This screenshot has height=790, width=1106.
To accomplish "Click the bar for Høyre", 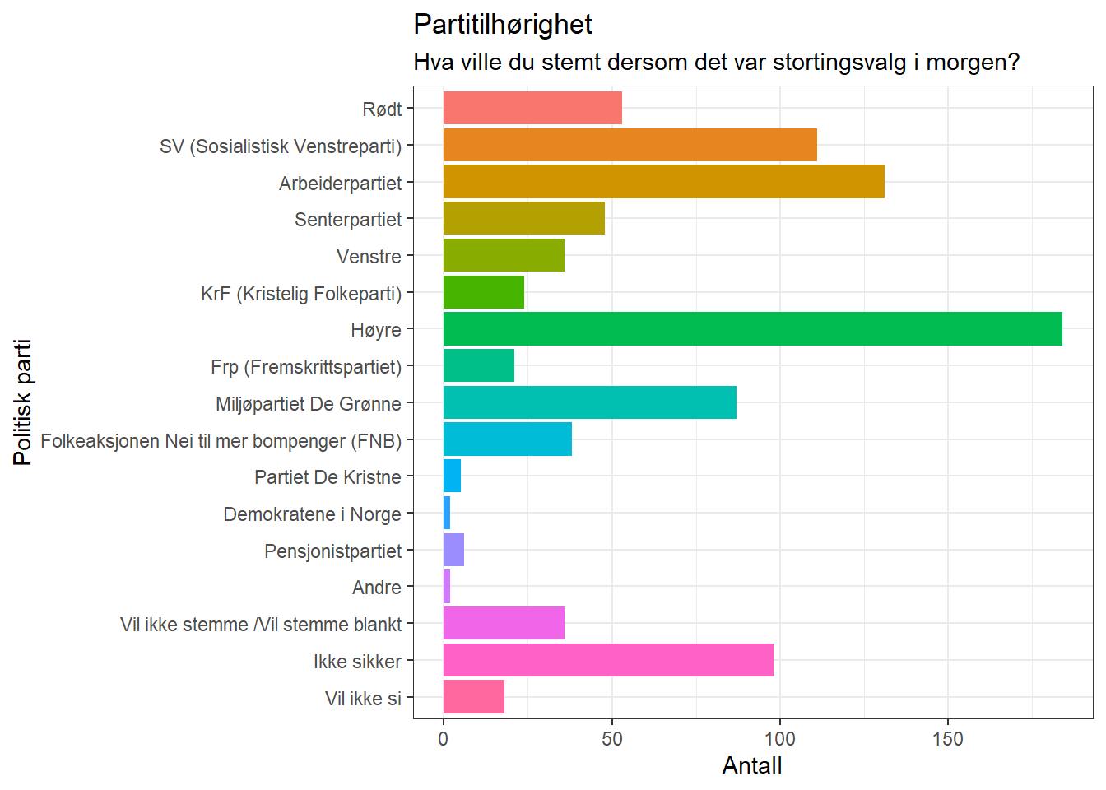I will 752,329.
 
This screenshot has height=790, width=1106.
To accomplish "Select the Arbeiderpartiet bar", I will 663,182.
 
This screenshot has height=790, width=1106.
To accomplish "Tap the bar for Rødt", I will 532,109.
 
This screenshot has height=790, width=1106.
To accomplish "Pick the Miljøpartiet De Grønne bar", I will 589,402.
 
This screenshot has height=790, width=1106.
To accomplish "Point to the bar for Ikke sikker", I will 608,660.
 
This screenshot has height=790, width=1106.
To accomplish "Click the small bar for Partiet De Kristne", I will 452,476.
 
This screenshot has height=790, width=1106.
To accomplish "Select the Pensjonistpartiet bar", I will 453,550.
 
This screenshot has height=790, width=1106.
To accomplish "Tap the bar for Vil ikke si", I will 473,697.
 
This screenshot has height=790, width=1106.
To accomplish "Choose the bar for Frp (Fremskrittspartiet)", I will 478,365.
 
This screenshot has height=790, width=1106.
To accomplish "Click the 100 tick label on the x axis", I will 779,739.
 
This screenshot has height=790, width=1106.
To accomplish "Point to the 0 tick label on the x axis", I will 444,739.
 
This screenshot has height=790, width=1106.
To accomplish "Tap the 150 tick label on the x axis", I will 947,739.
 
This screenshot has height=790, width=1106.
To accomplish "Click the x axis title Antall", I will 751,766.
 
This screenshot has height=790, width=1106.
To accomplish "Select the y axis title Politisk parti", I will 23,402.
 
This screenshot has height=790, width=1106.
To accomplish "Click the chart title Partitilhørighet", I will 502,25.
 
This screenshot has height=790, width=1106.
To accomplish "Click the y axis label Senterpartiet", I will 348,220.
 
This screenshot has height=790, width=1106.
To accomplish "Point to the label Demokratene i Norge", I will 312,514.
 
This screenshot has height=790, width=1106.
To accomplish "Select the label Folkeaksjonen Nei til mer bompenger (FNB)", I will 221,441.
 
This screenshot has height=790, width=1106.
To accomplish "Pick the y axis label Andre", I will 376,588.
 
